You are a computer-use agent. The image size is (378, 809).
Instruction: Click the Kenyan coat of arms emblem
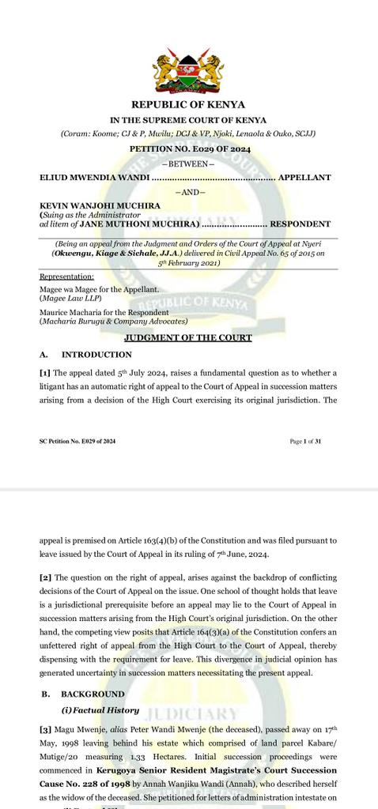pos(188,72)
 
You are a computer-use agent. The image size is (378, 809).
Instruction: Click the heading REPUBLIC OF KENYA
pos(188,104)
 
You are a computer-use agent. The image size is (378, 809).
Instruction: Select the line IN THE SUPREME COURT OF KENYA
pos(188,120)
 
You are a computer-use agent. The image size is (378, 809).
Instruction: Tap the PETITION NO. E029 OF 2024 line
pos(188,149)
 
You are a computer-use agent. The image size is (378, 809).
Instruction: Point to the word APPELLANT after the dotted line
pos(304,178)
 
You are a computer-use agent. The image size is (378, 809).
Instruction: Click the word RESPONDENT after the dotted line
pos(301,224)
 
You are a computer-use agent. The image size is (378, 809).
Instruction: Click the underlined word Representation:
pos(66,277)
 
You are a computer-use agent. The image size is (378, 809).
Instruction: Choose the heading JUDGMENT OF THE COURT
pos(188,338)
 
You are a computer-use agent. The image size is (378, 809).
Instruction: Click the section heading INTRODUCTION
pos(96,355)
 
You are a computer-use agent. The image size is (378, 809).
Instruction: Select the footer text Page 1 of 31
pos(305,442)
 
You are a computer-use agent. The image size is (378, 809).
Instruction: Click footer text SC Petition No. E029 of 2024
pos(77,442)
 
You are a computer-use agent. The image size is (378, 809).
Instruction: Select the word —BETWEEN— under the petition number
pos(188,164)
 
